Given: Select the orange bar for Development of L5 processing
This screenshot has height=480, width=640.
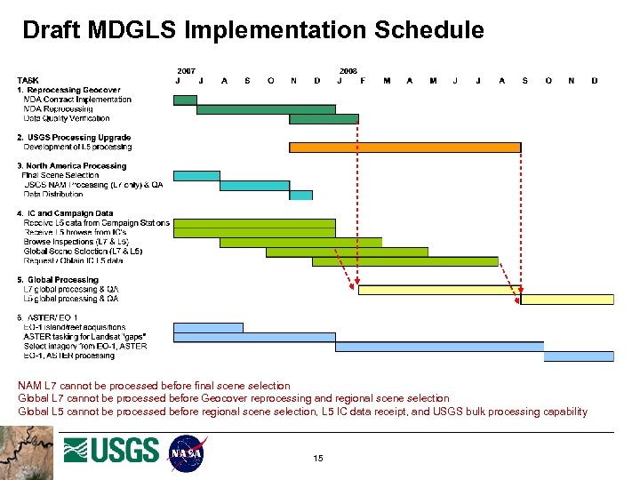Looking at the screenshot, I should (404, 147).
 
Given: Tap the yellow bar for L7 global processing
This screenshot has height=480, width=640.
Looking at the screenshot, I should (438, 289).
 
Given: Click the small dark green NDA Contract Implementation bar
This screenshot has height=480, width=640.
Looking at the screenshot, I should (185, 100).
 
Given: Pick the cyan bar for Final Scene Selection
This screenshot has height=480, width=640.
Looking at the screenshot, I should (196, 176).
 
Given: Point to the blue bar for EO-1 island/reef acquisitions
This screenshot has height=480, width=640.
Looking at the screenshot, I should (208, 328).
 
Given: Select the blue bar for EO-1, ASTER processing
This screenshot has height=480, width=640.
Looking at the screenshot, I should (579, 356).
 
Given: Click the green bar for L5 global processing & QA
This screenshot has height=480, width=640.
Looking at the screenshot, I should (567, 300).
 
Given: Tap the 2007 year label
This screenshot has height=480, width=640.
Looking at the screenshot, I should (187, 70).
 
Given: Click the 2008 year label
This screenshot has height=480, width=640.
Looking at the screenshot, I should (348, 70).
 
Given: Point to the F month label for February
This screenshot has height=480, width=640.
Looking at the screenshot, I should (363, 81).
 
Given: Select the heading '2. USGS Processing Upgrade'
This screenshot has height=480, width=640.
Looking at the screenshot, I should (74, 138).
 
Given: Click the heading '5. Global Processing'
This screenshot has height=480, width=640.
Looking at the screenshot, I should (58, 280).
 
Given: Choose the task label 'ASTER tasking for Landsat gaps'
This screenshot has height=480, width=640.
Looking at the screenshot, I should (84, 337).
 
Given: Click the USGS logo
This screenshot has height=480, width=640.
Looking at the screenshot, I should (111, 451).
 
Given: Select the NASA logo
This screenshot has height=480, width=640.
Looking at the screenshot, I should (187, 452).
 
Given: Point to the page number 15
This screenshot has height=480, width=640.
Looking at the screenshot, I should (318, 458).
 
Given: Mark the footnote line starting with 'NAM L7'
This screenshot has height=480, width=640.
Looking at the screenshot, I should (154, 386).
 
